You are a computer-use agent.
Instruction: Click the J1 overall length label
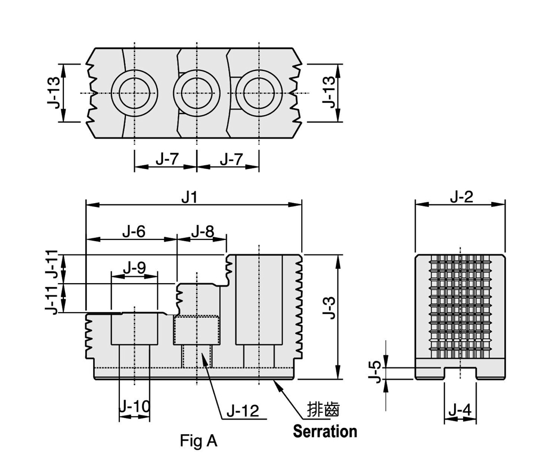tap(189, 197)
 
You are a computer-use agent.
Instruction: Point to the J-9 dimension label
tap(134, 268)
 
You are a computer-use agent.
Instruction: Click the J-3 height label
tap(330, 308)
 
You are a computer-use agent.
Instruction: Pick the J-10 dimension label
tap(134, 407)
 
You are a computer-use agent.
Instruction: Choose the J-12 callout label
tap(243, 411)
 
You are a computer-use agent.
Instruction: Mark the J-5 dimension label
tap(375, 371)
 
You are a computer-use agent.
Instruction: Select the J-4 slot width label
tap(459, 410)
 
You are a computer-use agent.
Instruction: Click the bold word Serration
tap(325, 431)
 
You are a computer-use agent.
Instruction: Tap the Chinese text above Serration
tap(324, 410)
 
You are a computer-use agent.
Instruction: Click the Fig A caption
tap(199, 441)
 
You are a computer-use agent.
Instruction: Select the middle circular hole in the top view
tap(197, 93)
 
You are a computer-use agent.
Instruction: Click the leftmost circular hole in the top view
tap(135, 93)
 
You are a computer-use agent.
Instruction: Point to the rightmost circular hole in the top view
tap(259, 93)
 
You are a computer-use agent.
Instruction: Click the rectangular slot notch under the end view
tap(459, 373)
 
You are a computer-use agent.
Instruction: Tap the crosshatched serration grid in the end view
tap(459, 307)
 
